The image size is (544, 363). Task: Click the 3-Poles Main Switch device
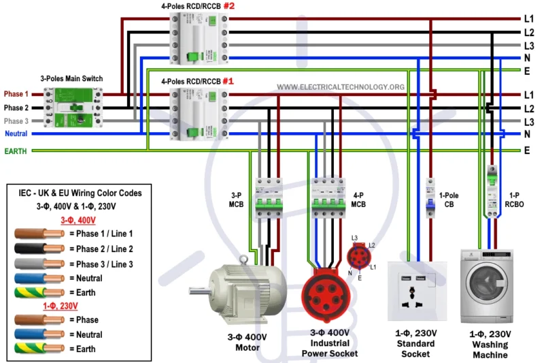(73, 108)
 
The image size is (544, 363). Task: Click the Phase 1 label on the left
(16, 94)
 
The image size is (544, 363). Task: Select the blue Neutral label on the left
(16, 133)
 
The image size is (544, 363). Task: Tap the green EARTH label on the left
(16, 151)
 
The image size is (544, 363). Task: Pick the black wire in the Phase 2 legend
(37, 249)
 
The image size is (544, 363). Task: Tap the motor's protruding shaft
(198, 292)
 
